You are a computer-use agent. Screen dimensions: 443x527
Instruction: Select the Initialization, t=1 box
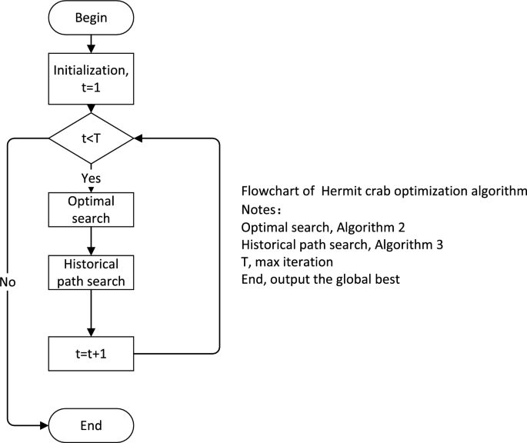(x=91, y=78)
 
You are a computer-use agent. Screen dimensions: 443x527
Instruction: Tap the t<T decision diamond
(x=91, y=139)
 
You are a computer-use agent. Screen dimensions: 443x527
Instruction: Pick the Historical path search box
(x=91, y=272)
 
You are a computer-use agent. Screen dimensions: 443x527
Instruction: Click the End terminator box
(x=91, y=425)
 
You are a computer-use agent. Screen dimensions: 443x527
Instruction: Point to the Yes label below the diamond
(x=91, y=178)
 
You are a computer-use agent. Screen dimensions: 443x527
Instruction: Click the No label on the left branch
(x=8, y=281)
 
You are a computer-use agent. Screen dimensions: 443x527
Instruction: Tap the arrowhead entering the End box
(x=44, y=425)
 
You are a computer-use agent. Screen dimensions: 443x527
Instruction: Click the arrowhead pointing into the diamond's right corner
(x=139, y=139)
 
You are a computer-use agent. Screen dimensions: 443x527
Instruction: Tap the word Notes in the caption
(x=258, y=209)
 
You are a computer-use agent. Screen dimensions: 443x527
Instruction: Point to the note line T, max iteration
(x=287, y=262)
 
